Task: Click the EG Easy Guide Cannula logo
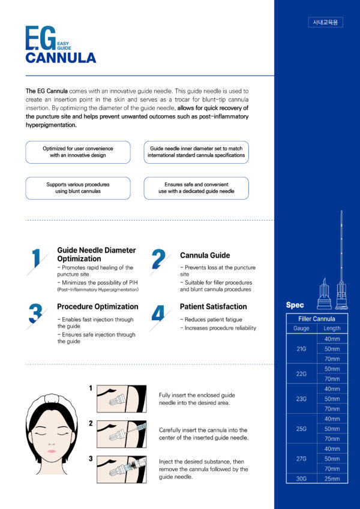coord(60,46)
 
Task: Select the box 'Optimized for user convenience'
coord(78,152)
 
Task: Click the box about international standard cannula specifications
coord(196,152)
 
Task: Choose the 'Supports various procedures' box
coord(78,188)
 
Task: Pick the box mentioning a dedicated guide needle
coord(196,188)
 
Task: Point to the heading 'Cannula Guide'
coord(205,255)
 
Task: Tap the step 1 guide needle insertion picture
coord(121,399)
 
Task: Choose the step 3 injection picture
coord(121,469)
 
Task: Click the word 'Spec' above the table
coord(295,305)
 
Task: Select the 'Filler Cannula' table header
coord(317,318)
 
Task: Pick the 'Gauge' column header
coord(301,328)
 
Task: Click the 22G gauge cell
coord(301,374)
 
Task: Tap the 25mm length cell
coord(332,478)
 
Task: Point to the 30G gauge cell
coord(301,478)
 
